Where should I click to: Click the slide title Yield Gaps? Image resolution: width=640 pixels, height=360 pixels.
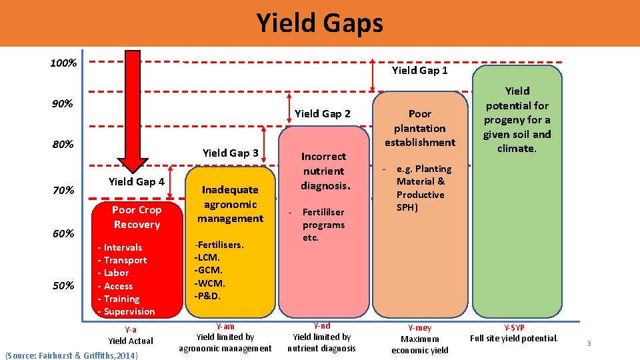[x=320, y=23]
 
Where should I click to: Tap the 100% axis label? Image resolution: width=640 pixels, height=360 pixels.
[x=63, y=63]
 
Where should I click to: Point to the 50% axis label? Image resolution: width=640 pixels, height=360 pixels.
[x=63, y=285]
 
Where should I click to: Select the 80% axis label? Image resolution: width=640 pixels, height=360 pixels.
[x=63, y=144]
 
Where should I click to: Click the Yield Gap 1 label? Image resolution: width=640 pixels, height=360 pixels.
[x=419, y=70]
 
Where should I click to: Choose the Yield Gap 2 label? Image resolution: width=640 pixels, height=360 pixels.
[x=322, y=113]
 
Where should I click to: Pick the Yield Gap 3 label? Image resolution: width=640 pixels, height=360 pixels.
[x=230, y=153]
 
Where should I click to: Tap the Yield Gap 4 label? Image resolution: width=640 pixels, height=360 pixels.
[x=136, y=181]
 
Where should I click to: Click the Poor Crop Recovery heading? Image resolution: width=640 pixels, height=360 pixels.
[x=136, y=217]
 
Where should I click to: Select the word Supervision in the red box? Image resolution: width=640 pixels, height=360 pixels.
[x=129, y=311]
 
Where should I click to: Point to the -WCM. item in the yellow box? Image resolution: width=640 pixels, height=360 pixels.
[x=208, y=283]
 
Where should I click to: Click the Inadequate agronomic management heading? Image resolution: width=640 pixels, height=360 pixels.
[x=230, y=204]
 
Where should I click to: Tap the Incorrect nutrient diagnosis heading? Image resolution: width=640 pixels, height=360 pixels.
[x=323, y=171]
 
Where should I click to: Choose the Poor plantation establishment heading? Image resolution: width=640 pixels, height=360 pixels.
[x=419, y=128]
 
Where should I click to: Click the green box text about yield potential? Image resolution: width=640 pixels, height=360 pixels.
[x=517, y=119]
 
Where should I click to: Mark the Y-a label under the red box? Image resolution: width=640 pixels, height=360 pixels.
[x=131, y=329]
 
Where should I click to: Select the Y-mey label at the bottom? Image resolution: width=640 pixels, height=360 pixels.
[x=419, y=328]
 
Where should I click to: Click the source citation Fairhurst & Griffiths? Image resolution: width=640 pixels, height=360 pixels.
[x=71, y=355]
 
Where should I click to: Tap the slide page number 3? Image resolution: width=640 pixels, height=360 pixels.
[x=589, y=343]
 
